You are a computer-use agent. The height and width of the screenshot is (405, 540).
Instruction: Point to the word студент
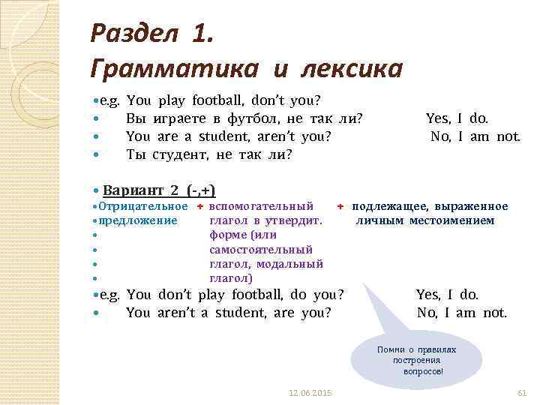coord(181,155)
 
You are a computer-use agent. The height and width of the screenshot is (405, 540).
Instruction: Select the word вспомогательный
coord(261,206)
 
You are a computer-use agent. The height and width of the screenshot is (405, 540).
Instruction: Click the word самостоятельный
coord(261,249)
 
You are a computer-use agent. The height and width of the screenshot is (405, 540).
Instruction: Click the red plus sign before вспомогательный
coord(200,206)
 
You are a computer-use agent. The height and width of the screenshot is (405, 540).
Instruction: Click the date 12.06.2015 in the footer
coord(310,393)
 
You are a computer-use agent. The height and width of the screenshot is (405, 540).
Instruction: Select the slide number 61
coord(523,393)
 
